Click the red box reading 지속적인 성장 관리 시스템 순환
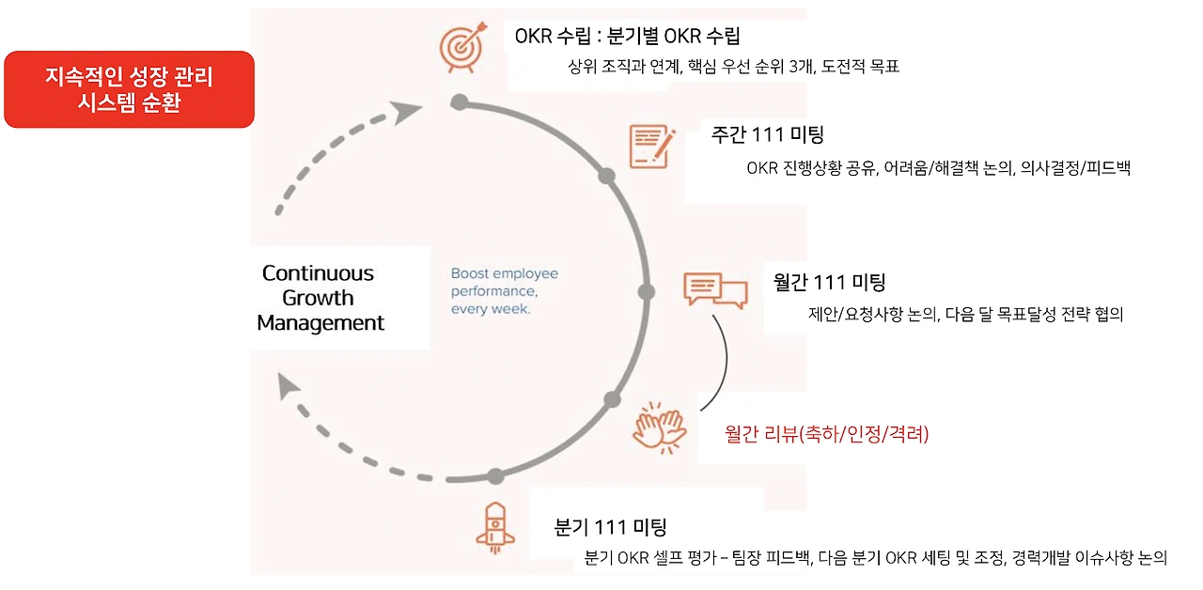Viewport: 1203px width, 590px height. (x=129, y=89)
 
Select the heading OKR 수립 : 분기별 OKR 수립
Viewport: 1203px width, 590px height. (x=627, y=37)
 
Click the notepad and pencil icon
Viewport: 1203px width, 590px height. (x=651, y=146)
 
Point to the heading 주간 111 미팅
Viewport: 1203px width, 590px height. (x=767, y=134)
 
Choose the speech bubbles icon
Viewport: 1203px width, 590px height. (x=715, y=289)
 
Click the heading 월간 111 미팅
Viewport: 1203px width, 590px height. (x=828, y=282)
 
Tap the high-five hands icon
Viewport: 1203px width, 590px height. (x=662, y=428)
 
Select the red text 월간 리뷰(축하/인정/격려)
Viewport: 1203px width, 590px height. (x=826, y=434)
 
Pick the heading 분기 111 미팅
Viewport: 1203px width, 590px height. (x=610, y=528)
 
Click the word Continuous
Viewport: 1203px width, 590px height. (x=318, y=273)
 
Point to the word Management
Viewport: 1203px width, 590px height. (x=320, y=323)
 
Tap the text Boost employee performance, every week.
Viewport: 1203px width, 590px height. (x=504, y=291)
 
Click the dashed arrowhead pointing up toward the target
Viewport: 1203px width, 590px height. (x=407, y=113)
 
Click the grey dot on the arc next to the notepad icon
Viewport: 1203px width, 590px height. (x=607, y=176)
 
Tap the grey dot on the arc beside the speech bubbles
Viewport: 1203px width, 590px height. (x=646, y=291)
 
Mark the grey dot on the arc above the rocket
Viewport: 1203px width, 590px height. (x=495, y=475)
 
